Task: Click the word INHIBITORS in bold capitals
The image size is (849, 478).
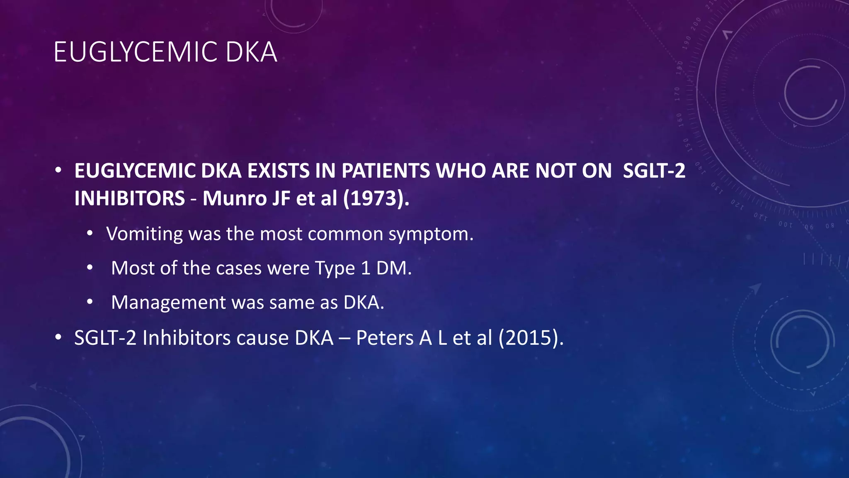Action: click(x=129, y=198)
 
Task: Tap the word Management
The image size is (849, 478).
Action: click(x=168, y=302)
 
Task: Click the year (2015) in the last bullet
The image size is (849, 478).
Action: click(x=531, y=338)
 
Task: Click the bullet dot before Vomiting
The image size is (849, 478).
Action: click(x=90, y=234)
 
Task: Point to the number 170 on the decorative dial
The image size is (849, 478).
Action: click(x=677, y=94)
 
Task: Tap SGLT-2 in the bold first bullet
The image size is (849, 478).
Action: click(x=654, y=171)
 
